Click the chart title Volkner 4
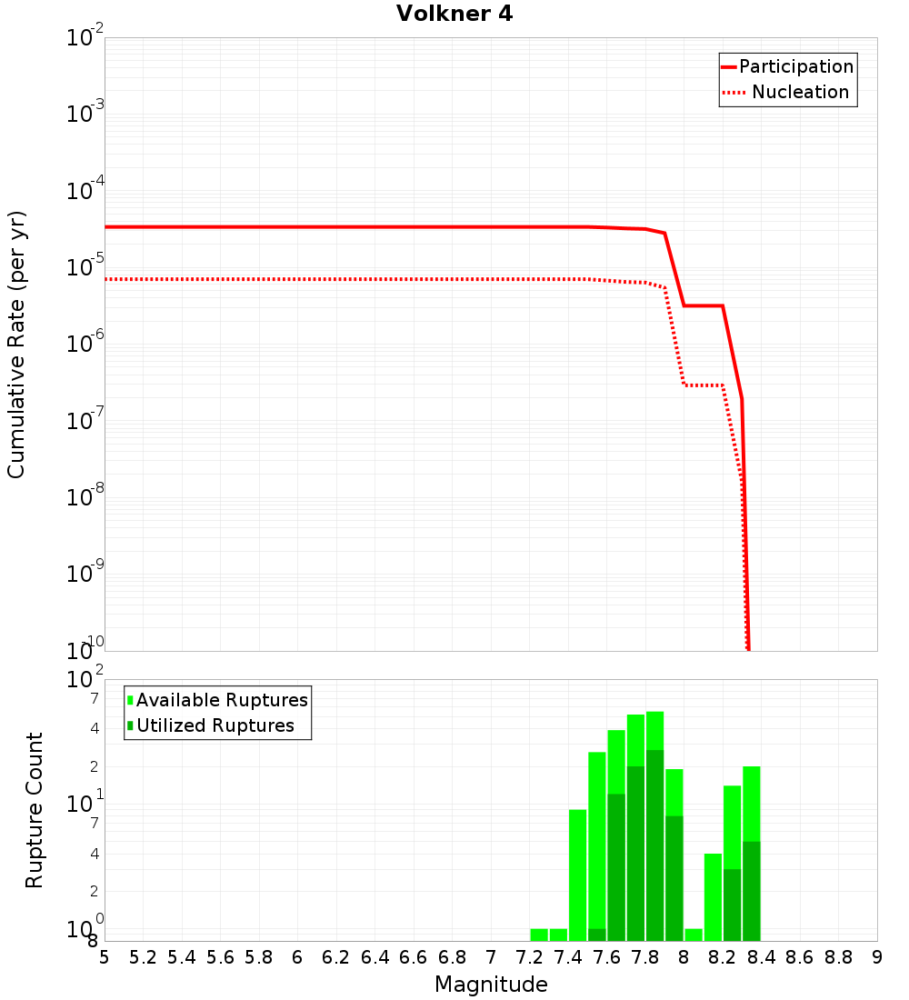coord(454,14)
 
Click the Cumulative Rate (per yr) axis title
coord(16,345)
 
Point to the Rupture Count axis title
coord(35,810)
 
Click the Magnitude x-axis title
coord(491,985)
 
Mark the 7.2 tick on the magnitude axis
coord(529,957)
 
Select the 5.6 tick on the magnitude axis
coord(220,957)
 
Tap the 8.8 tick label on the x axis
coord(838,957)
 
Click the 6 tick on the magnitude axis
coord(297,957)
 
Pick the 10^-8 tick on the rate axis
coord(85,497)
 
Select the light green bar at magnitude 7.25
coord(539,935)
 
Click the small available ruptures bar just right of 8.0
coord(694,935)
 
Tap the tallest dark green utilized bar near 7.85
coord(654,845)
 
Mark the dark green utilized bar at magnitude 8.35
coord(751,891)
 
